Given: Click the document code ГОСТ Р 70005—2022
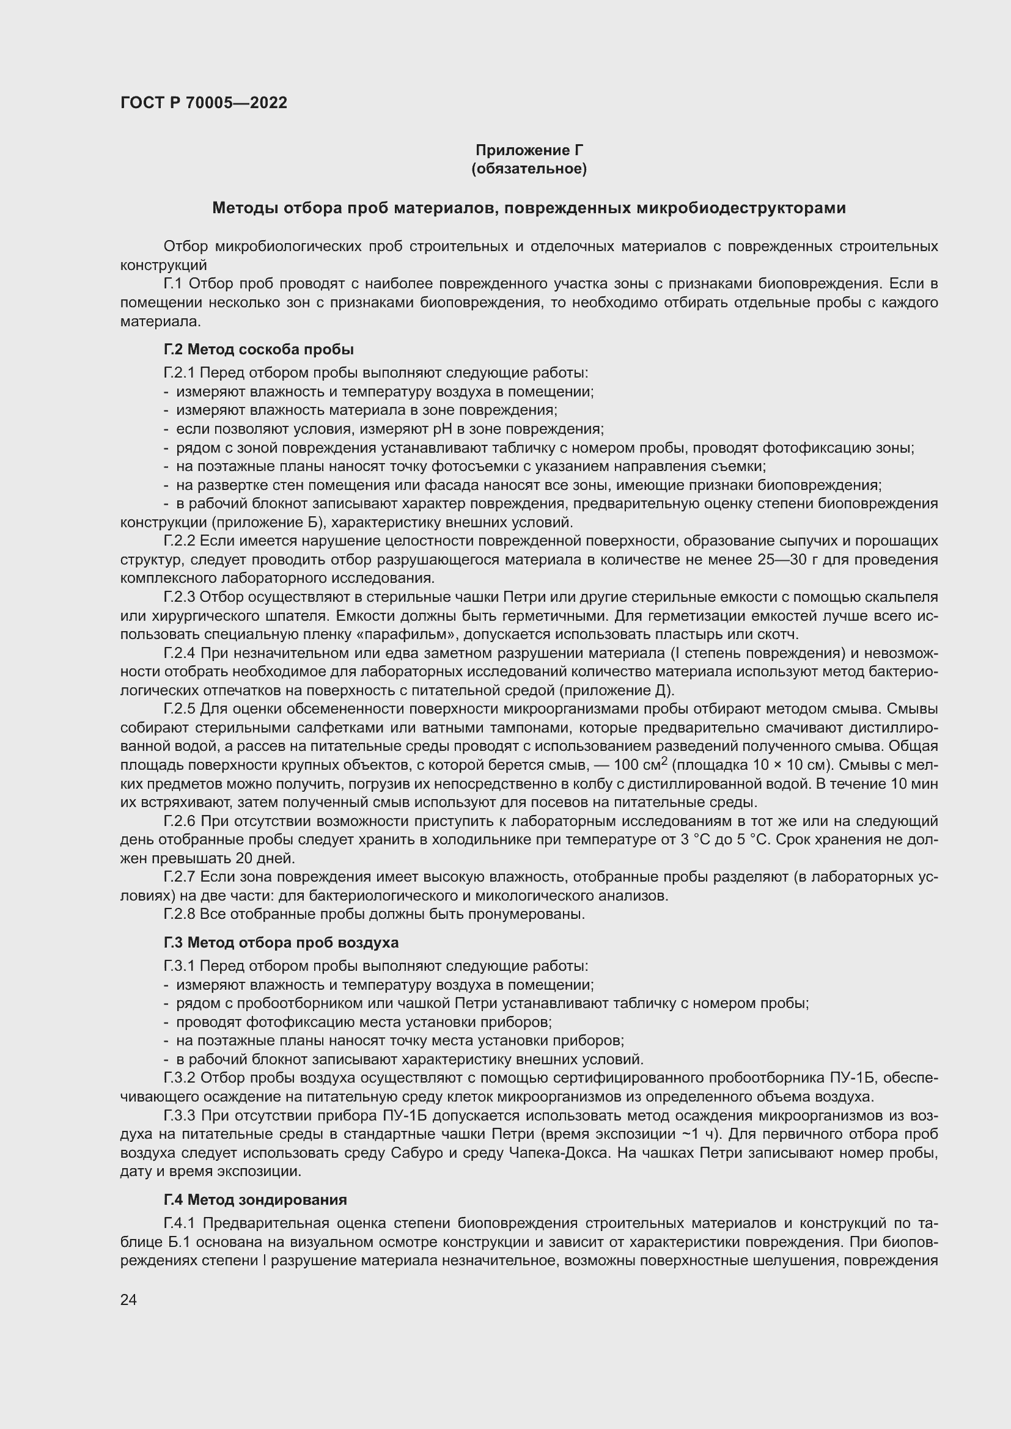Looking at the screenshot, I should (x=204, y=103).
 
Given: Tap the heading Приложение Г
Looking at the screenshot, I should (x=529, y=150).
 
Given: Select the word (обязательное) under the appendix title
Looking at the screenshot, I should (x=529, y=169).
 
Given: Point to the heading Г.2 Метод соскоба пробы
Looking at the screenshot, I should (x=259, y=349).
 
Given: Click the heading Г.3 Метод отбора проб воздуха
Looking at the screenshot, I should (x=281, y=942).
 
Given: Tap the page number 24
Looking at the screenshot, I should (x=128, y=1299).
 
